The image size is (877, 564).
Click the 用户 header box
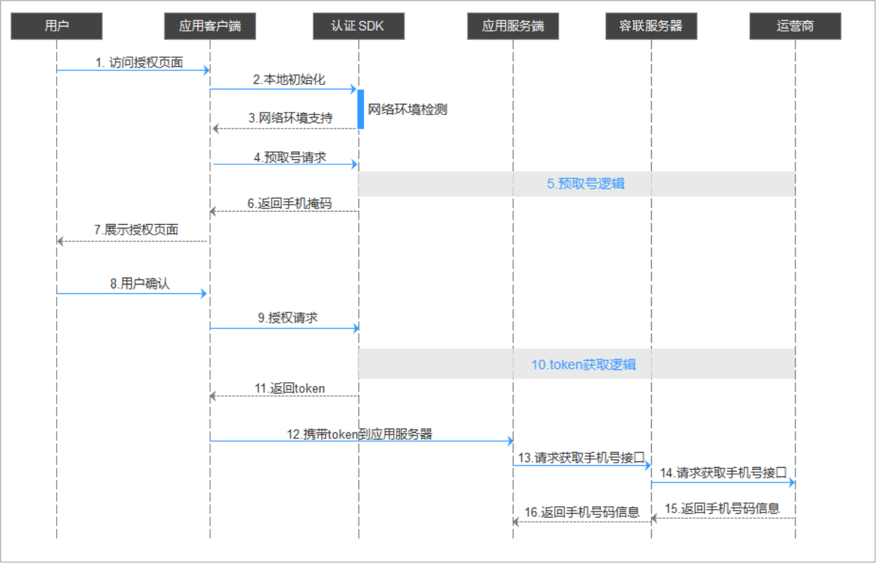(x=57, y=26)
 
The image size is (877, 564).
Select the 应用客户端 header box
(x=210, y=26)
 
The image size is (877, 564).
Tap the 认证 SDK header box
(x=359, y=26)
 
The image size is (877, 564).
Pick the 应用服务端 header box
(x=513, y=26)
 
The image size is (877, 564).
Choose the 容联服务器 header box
(x=652, y=26)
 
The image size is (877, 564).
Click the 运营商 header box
(x=795, y=26)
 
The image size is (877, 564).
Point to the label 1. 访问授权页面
(x=139, y=63)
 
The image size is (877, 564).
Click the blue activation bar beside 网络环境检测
(x=360, y=110)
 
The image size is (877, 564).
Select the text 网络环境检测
(x=407, y=110)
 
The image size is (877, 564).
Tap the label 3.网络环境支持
(x=291, y=118)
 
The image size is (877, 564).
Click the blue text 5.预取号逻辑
(x=586, y=184)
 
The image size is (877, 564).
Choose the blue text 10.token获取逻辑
(x=583, y=364)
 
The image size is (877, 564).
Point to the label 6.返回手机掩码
(x=289, y=204)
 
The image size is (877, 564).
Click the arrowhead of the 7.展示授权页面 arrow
(x=60, y=241)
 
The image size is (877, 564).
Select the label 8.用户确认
(x=140, y=283)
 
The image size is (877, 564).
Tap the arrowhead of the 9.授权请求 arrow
(x=356, y=328)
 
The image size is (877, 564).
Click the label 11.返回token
(x=290, y=388)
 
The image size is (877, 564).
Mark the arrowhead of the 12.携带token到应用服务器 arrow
(x=510, y=441)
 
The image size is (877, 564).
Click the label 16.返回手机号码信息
(x=582, y=512)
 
